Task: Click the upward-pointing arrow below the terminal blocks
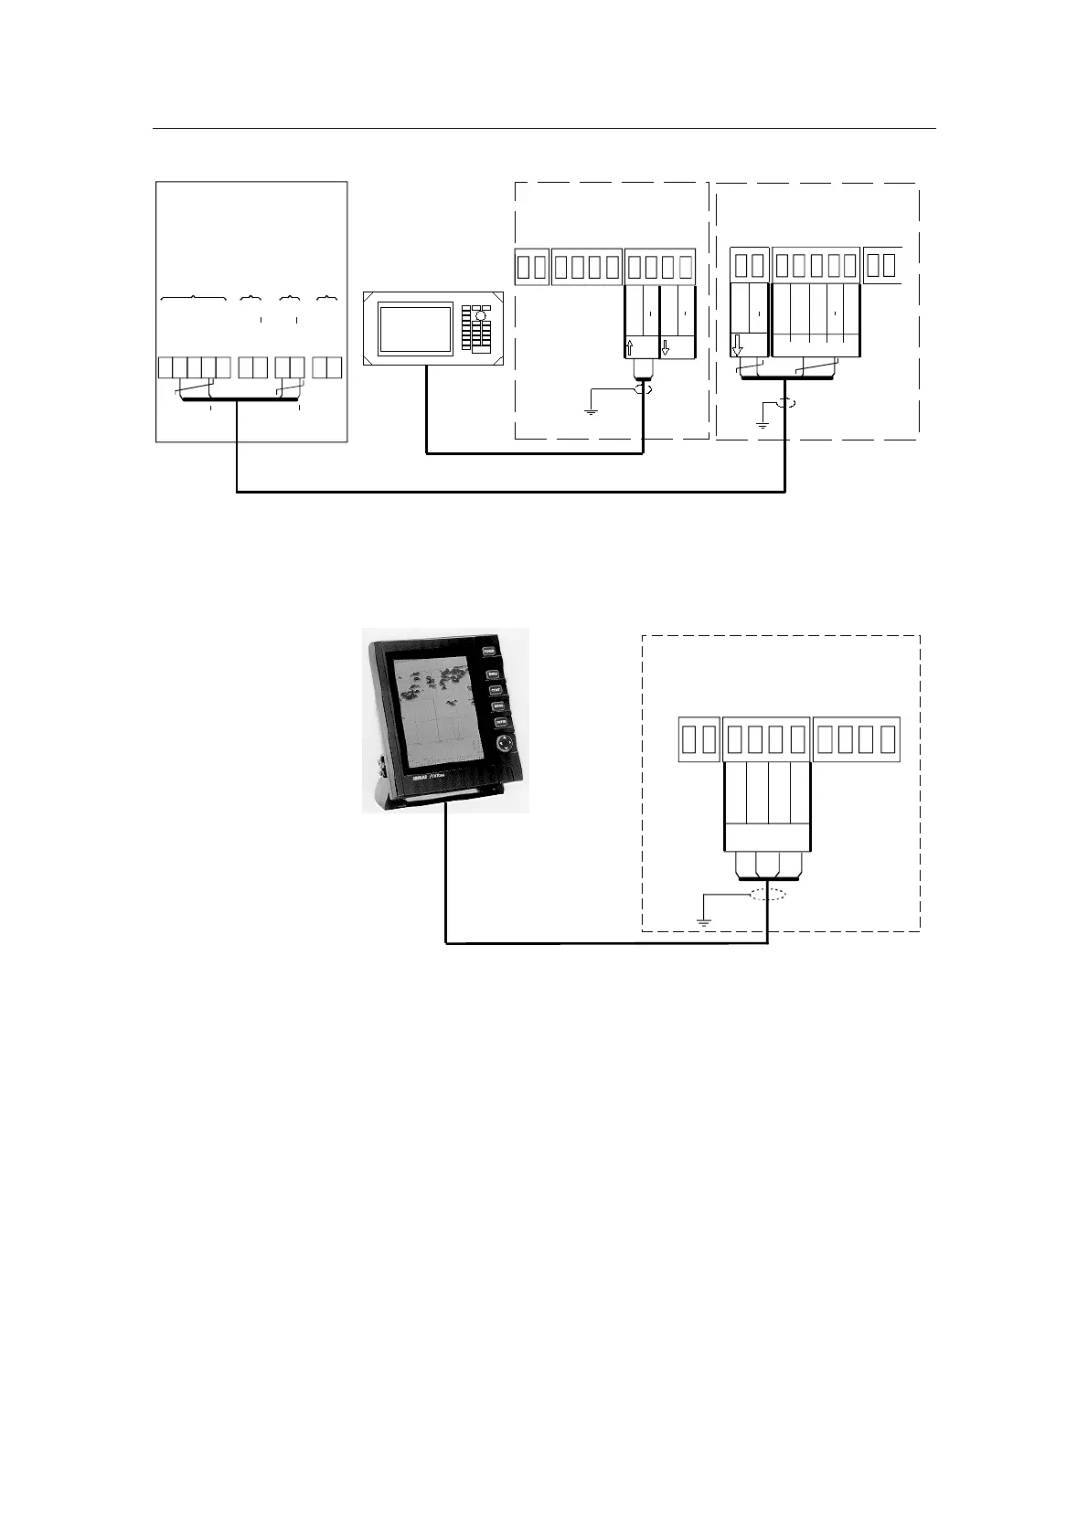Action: tap(630, 348)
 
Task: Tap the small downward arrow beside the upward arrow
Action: tap(665, 348)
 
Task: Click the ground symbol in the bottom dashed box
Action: tap(704, 921)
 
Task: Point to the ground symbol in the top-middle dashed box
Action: tap(591, 410)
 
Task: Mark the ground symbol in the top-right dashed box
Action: tap(761, 424)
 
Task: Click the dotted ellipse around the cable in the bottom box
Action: tap(766, 894)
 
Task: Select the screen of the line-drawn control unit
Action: tap(416, 329)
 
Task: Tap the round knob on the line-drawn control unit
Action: tap(481, 315)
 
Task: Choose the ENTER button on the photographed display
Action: tap(501, 723)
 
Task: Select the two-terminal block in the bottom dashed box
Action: tap(699, 740)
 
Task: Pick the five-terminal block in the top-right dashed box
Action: tap(816, 266)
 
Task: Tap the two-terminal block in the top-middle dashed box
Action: tap(531, 267)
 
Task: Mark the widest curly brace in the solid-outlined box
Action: tap(194, 298)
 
